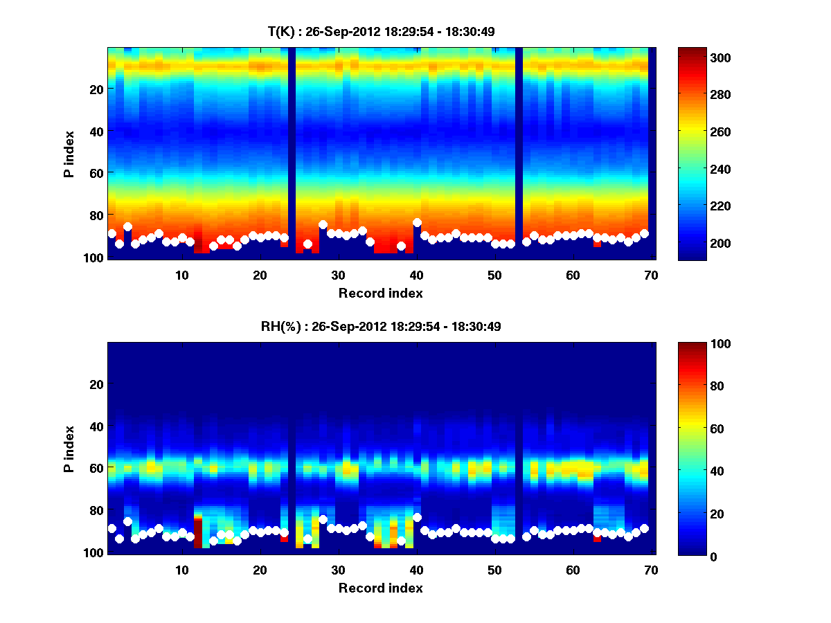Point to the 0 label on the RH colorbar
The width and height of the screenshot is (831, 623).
[688, 556]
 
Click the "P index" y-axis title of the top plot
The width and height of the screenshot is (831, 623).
[69, 153]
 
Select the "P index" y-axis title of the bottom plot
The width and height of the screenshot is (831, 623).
[69, 448]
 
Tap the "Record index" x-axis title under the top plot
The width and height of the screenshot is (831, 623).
[380, 294]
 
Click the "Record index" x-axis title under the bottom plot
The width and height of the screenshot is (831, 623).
[380, 588]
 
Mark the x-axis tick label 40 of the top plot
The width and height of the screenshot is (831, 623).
[417, 274]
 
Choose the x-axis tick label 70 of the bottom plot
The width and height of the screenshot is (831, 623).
[652, 569]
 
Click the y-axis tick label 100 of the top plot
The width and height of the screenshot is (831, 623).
[95, 258]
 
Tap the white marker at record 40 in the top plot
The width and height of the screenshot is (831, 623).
[417, 223]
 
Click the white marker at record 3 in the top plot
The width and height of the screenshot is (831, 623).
[127, 226]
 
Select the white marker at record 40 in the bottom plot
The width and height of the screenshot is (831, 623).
[417, 517]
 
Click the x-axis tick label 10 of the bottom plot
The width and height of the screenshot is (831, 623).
[182, 569]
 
